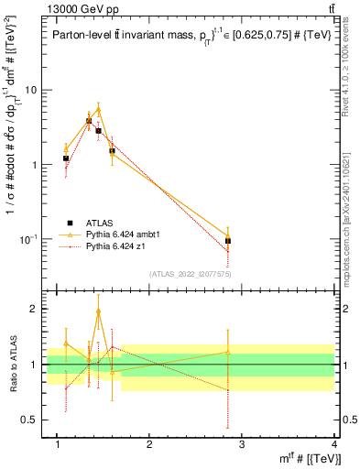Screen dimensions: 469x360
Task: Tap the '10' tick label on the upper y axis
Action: click(30, 90)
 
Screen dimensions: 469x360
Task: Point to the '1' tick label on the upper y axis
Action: click(34, 165)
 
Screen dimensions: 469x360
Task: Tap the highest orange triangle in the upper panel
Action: click(98, 109)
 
